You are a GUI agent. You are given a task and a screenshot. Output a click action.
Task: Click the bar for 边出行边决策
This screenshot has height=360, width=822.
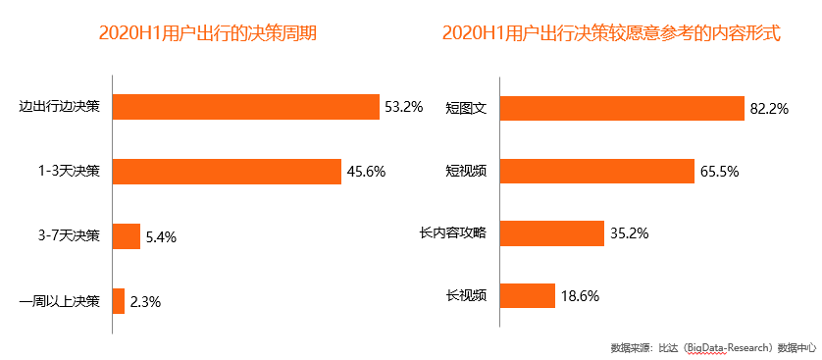pos(245,106)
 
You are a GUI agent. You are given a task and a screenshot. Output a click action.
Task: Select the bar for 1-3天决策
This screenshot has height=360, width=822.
pos(227,171)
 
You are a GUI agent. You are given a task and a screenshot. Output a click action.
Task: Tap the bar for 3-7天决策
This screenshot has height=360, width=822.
pos(127,235)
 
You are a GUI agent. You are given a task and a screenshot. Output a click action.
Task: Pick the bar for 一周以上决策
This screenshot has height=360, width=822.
pos(119,300)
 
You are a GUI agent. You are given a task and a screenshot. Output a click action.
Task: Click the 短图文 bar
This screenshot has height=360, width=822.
pos(622,107)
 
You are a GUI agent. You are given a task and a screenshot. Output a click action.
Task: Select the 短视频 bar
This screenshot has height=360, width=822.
pos(596,171)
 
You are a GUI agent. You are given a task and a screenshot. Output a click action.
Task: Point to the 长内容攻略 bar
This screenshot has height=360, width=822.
pos(551,233)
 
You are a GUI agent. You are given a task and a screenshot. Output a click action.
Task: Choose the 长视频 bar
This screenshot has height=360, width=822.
pos(526,294)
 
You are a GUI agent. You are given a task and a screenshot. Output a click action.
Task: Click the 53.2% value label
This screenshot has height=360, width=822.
pos(403,107)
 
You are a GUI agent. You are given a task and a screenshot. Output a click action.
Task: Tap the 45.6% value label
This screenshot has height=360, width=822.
pos(366,172)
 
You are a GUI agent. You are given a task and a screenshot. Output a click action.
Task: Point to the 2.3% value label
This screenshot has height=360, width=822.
pos(146,301)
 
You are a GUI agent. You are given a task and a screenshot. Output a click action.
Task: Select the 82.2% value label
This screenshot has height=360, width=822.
pos(769,108)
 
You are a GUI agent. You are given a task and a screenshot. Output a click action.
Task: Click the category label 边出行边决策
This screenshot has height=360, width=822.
pos(60,106)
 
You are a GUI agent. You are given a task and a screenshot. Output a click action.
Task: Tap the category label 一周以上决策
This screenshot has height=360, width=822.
pos(60,300)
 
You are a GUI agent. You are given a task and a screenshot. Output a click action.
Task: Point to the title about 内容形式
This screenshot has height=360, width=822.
pos(611,33)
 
